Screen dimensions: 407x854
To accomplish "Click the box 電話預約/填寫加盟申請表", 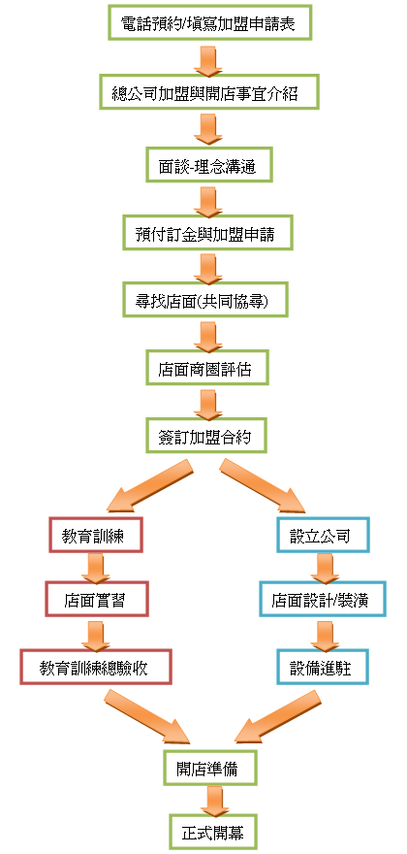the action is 209,23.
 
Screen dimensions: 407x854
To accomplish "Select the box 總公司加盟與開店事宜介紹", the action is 209,91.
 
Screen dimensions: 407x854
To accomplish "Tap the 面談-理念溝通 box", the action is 209,164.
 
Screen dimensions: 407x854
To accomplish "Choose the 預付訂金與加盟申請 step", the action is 207,233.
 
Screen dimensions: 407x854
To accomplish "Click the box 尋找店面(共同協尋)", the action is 205,300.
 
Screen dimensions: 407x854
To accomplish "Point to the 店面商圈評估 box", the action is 206,368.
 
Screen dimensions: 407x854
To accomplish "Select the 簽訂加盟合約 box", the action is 206,435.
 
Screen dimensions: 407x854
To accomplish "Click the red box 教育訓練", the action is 96,535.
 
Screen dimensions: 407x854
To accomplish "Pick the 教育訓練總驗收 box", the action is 96,666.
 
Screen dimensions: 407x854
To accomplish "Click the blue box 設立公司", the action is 324,535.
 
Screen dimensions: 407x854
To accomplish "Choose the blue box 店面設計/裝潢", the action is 323,599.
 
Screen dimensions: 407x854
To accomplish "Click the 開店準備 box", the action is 209,768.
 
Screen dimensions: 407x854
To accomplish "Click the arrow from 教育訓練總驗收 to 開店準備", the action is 147,717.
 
